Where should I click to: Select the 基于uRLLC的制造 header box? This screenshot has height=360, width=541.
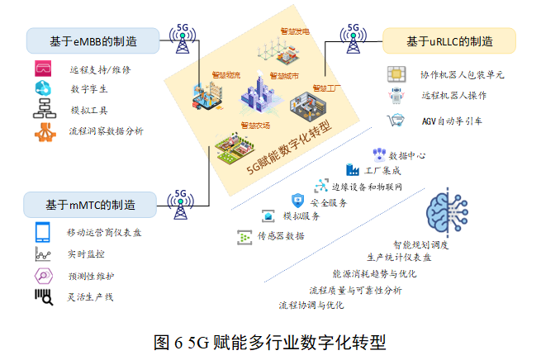[449, 40]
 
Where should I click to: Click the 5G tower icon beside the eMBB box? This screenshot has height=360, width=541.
[183, 43]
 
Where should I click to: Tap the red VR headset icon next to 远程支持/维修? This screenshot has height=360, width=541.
[43, 68]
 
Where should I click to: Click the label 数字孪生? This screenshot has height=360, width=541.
[88, 88]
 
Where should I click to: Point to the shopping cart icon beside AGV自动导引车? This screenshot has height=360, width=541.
[396, 121]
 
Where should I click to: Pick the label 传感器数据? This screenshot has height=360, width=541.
[280, 236]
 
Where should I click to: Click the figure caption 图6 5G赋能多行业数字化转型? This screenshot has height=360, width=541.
[269, 341]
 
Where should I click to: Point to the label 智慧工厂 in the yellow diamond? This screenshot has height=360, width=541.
[329, 86]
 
